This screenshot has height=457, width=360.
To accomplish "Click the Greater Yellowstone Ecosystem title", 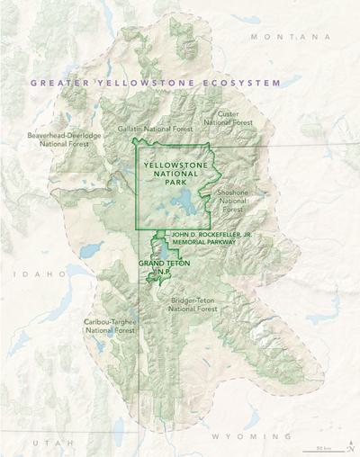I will [x=154, y=82].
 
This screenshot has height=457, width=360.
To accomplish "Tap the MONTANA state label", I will [x=284, y=37].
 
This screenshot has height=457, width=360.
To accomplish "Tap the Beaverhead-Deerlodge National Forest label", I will [x=64, y=139].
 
